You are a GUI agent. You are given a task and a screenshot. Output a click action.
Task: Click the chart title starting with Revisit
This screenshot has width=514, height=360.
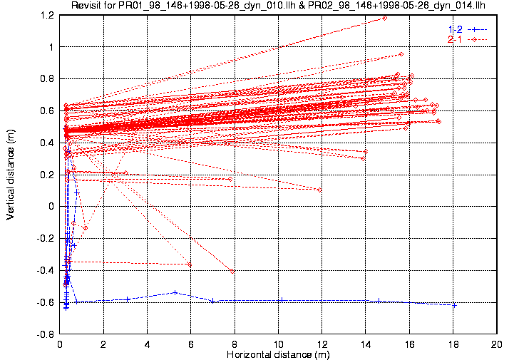click(x=278, y=5)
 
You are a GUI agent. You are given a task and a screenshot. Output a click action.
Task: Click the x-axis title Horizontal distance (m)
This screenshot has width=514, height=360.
click(x=278, y=354)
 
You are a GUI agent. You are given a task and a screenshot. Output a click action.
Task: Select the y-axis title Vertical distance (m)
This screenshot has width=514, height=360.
click(x=10, y=175)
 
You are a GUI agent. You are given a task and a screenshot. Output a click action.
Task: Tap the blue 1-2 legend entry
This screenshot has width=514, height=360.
click(x=468, y=29)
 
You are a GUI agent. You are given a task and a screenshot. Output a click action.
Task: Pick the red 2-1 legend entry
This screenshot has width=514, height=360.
click(x=468, y=39)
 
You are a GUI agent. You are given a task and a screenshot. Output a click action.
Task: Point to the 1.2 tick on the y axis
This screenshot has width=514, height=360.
click(x=48, y=15)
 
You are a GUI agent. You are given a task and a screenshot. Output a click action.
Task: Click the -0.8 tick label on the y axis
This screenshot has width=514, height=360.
click(x=45, y=334)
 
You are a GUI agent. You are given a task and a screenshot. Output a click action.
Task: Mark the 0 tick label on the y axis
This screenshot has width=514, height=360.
click(x=51, y=207)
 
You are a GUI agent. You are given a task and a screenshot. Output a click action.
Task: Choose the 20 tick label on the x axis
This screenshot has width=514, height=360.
click(x=497, y=344)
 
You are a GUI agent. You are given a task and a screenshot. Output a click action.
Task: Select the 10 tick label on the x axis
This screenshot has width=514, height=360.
click(x=278, y=344)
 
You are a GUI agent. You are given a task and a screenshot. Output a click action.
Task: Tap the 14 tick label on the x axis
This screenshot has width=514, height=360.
click(x=366, y=344)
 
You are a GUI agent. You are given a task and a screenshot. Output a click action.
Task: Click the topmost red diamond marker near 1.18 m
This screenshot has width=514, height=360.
click(x=384, y=18)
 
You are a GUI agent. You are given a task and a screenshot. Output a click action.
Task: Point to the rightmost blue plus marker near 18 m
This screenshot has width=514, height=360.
click(x=454, y=306)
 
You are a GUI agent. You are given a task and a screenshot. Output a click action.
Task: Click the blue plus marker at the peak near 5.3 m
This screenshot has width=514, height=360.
click(x=175, y=292)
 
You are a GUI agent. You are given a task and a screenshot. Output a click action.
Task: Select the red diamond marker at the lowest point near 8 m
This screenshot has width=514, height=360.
click(x=232, y=271)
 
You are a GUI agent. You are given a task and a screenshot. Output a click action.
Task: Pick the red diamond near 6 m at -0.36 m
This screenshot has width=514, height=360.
click(x=189, y=264)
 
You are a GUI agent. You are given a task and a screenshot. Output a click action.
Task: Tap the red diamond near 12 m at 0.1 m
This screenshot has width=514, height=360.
click(x=319, y=190)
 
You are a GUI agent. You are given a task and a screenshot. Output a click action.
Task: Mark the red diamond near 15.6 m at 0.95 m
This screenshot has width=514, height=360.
click(x=401, y=54)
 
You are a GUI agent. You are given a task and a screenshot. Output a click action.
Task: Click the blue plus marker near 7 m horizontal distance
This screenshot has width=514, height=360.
click(x=212, y=301)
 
